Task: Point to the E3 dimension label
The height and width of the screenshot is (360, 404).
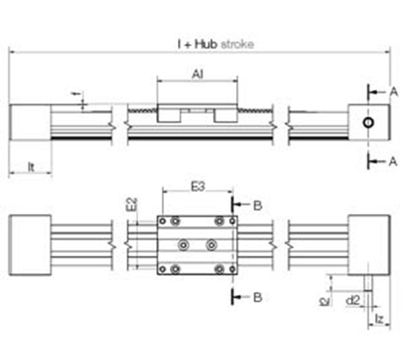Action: [199, 188]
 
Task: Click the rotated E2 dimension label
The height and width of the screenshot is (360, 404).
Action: [130, 205]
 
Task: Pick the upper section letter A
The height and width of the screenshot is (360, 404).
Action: [393, 91]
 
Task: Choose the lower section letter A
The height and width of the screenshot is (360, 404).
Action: [393, 162]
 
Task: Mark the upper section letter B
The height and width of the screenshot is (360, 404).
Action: [258, 206]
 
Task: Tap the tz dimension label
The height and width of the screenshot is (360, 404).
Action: [380, 321]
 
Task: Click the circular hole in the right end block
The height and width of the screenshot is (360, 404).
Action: [368, 123]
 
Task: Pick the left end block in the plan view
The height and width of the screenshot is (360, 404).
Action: [28, 244]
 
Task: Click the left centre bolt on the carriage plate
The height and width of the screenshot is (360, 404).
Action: [184, 244]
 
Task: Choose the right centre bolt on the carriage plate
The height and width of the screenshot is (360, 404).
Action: [211, 244]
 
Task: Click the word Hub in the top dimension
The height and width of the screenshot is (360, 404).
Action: [206, 44]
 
